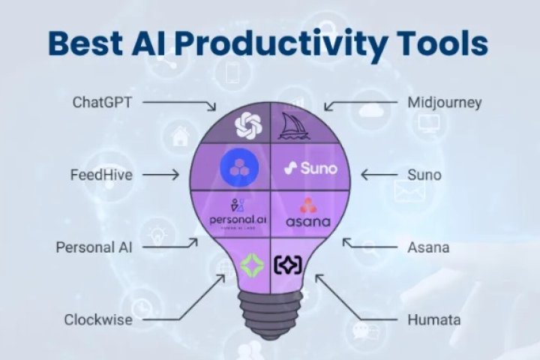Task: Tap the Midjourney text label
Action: coord(443,103)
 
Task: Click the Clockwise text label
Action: coord(97,320)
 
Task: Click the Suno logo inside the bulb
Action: coord(310,169)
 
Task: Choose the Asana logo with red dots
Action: coord(307,213)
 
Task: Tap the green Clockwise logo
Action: coord(250,263)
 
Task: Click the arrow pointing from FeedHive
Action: coord(160,175)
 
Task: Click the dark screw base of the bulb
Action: coord(269,310)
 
